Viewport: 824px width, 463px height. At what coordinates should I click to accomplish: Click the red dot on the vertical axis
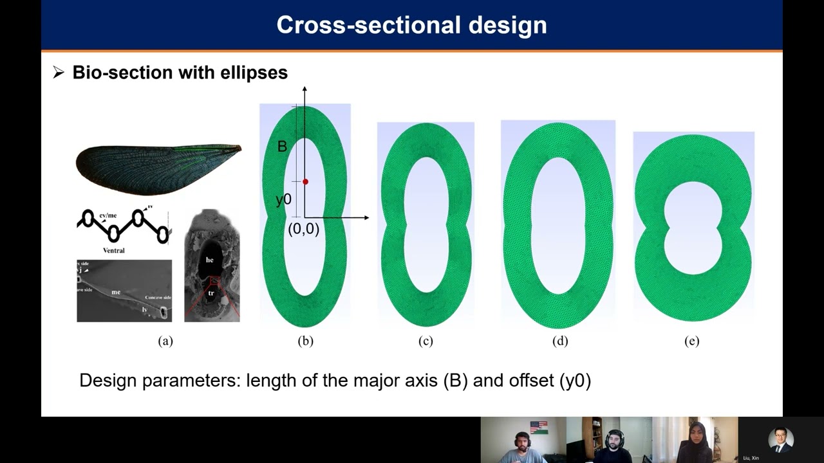pyautogui.click(x=305, y=182)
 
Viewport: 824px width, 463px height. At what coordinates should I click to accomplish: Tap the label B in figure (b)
pyautogui.click(x=282, y=147)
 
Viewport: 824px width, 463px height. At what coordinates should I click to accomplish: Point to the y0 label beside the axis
pyautogui.click(x=283, y=199)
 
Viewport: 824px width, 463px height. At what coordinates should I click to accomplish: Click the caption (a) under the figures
pyautogui.click(x=165, y=341)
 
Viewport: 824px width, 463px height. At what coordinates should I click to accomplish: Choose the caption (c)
pyautogui.click(x=426, y=341)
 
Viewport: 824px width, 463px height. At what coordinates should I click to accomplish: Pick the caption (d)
pyautogui.click(x=560, y=341)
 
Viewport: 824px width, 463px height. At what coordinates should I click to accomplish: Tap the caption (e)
pyautogui.click(x=692, y=341)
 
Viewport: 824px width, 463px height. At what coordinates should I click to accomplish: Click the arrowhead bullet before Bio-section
pyautogui.click(x=59, y=73)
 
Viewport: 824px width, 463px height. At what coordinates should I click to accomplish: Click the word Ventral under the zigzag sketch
pyautogui.click(x=113, y=250)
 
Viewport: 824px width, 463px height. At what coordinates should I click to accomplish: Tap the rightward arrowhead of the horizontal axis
pyautogui.click(x=366, y=218)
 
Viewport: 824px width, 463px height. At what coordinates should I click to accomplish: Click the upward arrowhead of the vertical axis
pyautogui.click(x=304, y=89)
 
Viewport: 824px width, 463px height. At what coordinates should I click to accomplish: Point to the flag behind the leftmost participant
pyautogui.click(x=539, y=426)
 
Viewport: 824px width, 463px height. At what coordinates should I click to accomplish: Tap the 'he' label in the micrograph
pyautogui.click(x=210, y=260)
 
